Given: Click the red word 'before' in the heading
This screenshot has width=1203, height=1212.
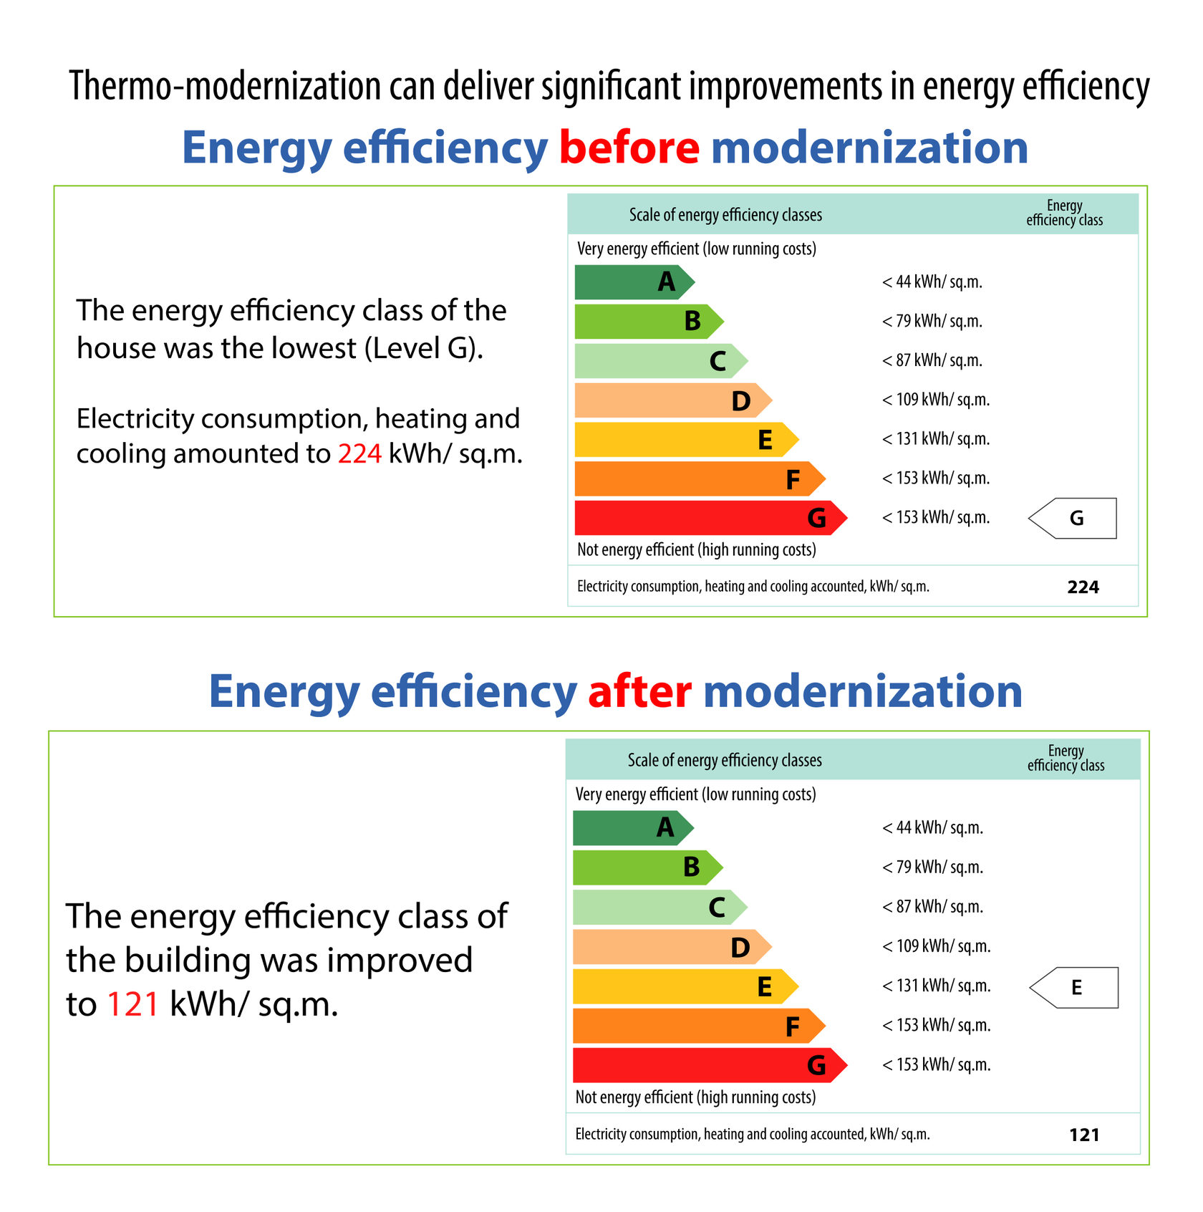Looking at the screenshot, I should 629,148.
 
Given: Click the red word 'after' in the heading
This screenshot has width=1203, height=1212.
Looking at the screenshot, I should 639,692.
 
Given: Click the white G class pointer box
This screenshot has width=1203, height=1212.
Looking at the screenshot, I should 1074,518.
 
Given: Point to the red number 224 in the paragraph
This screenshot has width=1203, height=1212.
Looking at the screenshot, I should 359,454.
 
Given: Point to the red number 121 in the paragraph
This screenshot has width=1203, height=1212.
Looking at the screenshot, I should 132,1004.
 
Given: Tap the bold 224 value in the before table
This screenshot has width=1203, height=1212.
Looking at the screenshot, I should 1083,587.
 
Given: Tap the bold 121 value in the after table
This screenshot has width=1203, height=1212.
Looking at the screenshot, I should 1084,1135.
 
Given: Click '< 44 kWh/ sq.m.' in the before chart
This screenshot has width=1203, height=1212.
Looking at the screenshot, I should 932,282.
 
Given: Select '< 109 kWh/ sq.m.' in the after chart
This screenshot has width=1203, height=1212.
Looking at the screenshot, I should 936,946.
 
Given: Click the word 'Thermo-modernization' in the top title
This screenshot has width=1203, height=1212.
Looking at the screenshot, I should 224,86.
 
